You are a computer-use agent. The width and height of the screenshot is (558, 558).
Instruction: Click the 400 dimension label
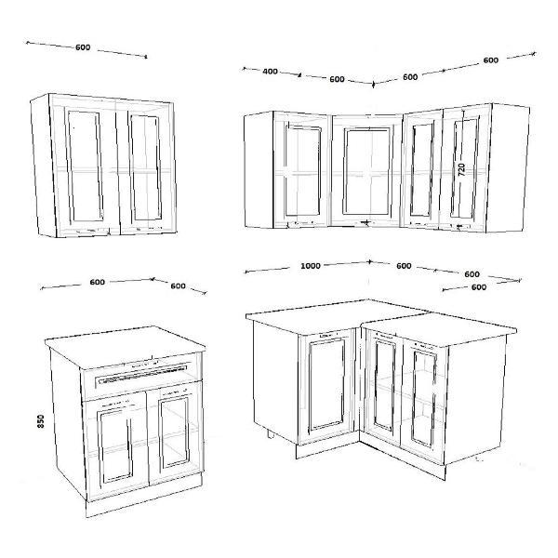tap(270, 72)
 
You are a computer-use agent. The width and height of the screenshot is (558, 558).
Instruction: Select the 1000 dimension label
tap(311, 266)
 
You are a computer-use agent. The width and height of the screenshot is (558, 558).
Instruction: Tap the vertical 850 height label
tap(41, 421)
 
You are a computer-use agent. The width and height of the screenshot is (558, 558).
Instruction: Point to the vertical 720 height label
tap(461, 169)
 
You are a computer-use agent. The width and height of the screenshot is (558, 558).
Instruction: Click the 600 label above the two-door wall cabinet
tap(83, 47)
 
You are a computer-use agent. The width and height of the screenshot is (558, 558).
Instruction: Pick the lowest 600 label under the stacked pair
tap(479, 287)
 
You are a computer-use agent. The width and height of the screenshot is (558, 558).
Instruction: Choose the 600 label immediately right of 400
tap(337, 79)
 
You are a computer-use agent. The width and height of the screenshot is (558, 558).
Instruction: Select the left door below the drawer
tap(115, 445)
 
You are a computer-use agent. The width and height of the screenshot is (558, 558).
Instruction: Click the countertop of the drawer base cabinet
tap(125, 344)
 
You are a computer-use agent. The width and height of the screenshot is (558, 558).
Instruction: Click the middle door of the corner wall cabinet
tap(367, 170)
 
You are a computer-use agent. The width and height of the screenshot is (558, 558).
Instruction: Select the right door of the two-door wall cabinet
tap(146, 167)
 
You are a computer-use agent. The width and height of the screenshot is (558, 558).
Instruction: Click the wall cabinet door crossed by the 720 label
tap(464, 168)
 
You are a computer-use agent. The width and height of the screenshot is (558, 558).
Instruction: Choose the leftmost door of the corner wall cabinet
tap(301, 170)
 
